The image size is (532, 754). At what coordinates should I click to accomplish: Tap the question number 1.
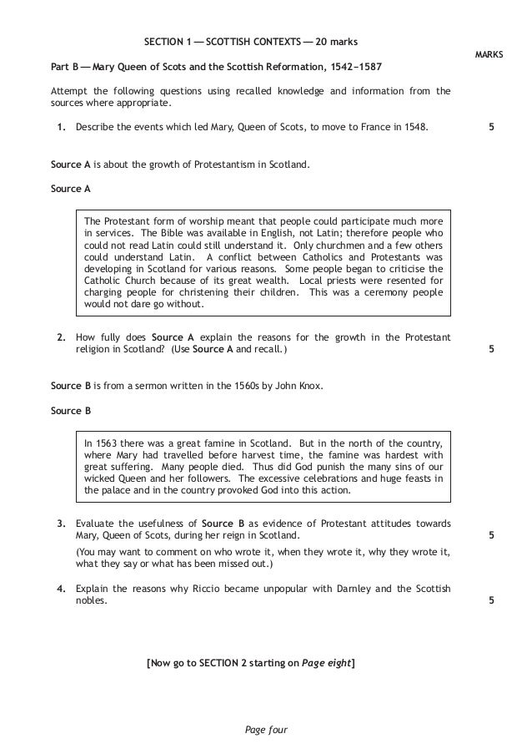click(61, 128)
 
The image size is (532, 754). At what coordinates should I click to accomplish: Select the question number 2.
click(61, 337)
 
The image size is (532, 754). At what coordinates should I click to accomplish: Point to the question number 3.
click(61, 524)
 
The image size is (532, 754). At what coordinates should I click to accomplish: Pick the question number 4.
click(61, 589)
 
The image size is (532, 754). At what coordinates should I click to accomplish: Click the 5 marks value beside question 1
click(490, 128)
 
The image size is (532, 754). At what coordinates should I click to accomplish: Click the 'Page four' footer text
click(266, 730)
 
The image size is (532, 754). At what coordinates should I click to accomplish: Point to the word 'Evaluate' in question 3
click(95, 524)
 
